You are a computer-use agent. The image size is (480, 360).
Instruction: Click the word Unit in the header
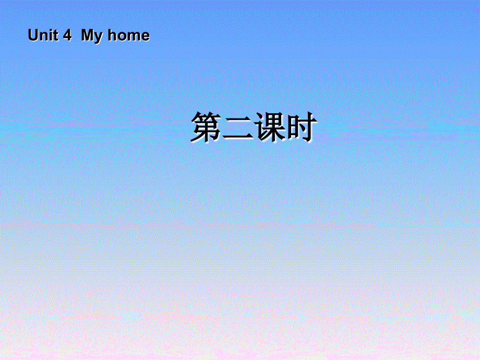tap(44, 35)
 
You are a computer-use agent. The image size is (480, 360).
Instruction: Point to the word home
tap(128, 35)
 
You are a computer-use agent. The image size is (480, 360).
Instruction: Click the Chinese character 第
tap(206, 127)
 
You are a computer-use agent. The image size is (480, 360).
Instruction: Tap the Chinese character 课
tap(269, 127)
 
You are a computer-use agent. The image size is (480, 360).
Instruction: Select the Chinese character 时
tap(300, 127)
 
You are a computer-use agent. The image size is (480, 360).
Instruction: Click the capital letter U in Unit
tap(33, 35)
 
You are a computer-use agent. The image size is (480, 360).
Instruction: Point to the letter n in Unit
tap(43, 37)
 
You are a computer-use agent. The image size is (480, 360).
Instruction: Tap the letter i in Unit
tap(50, 35)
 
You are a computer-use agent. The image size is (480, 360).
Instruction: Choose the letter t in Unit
tap(55, 36)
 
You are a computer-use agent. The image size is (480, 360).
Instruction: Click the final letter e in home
tap(145, 37)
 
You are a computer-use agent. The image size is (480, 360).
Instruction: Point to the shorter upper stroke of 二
tap(237, 119)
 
